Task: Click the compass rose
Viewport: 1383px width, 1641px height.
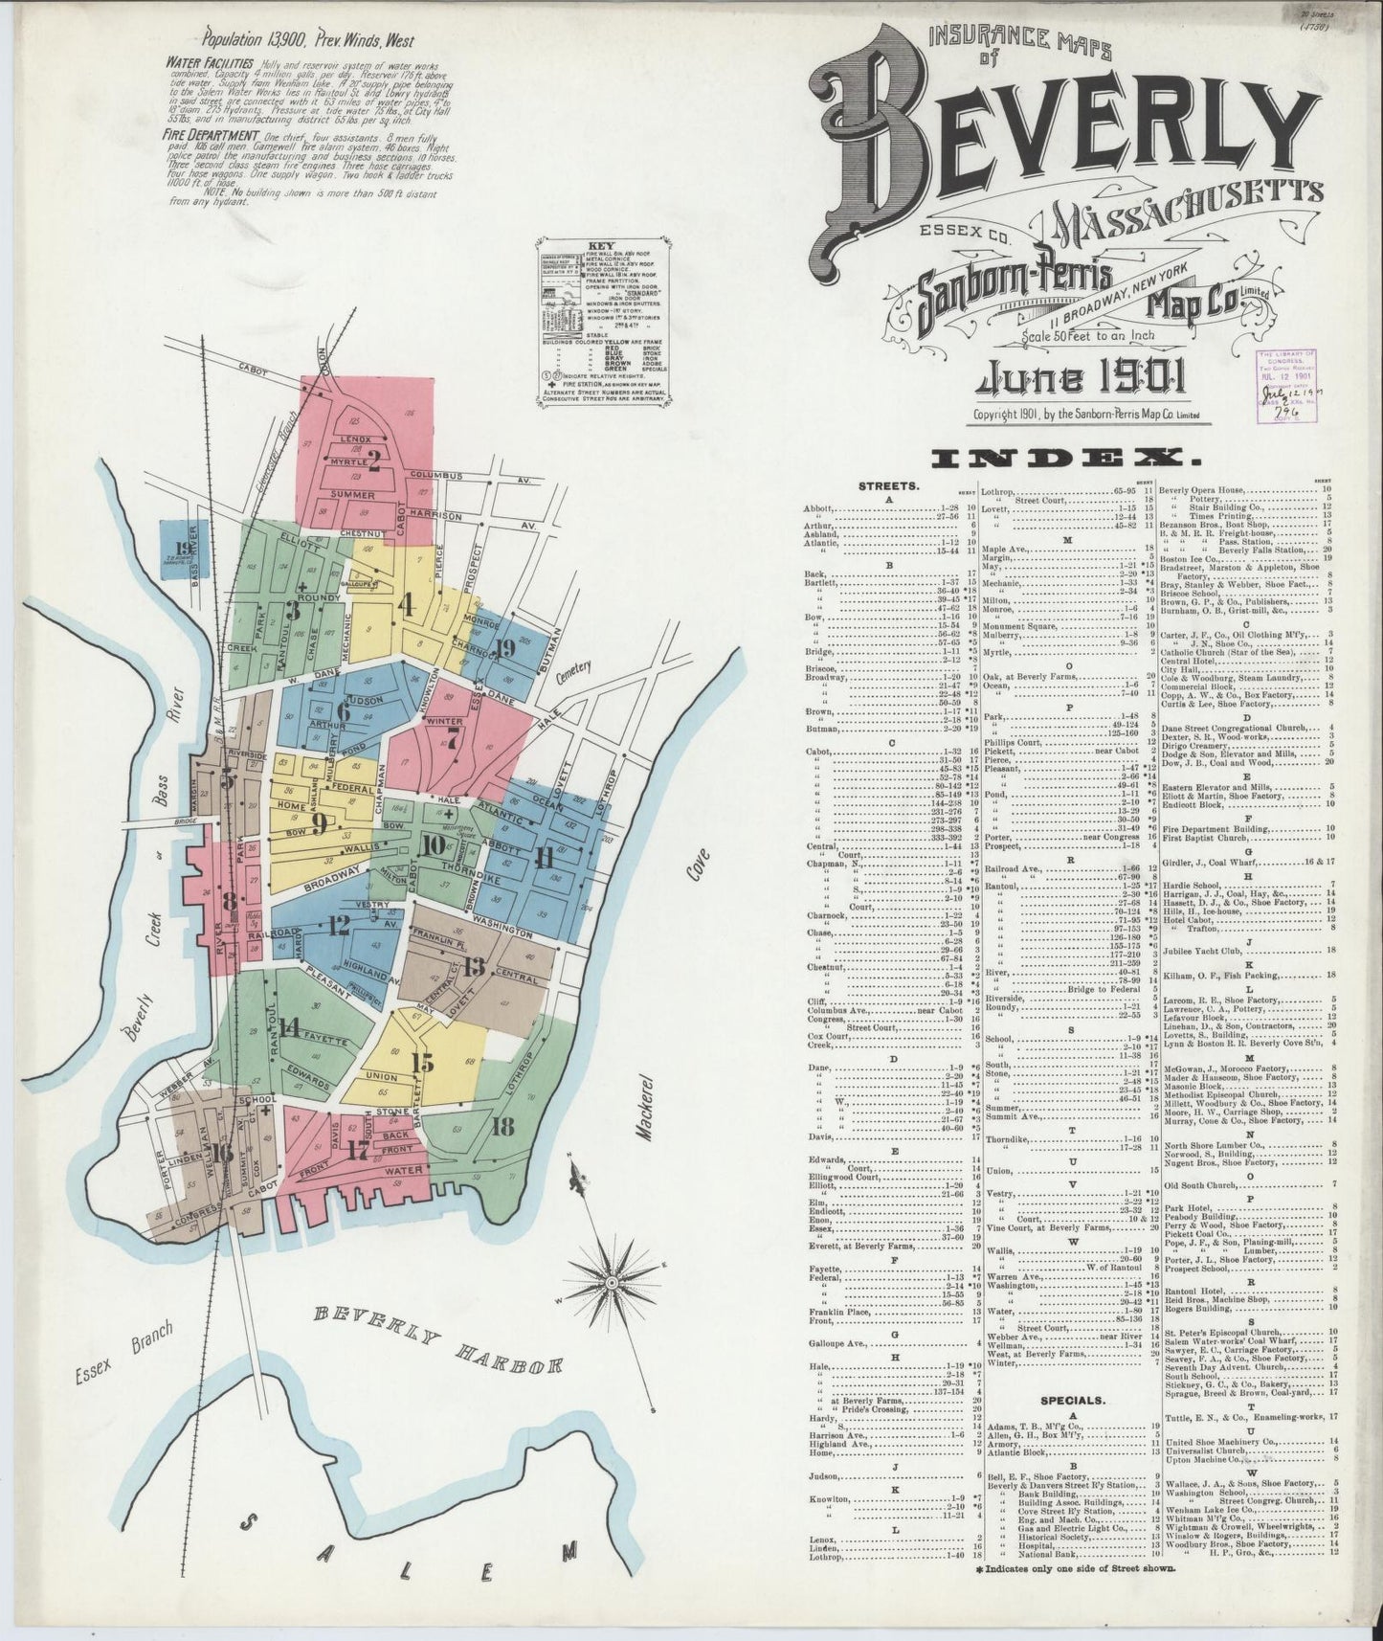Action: click(611, 1280)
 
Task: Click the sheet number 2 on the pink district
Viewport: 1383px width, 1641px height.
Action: click(374, 463)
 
